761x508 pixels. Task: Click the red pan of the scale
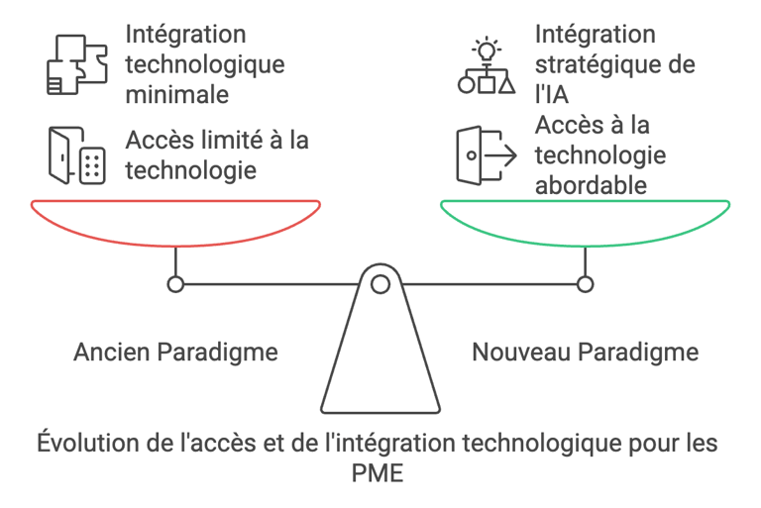tap(175, 220)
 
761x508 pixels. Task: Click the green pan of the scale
tap(585, 220)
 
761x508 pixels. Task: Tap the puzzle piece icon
tap(76, 65)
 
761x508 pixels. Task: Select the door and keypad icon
tap(76, 155)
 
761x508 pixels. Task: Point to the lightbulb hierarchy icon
tap(486, 65)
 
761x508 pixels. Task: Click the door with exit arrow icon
tap(486, 155)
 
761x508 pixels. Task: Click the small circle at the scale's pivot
tap(380, 284)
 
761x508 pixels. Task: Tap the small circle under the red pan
tap(175, 284)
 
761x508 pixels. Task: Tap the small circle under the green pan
tap(585, 284)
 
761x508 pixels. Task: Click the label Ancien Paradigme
tap(175, 352)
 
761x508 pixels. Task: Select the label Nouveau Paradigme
tap(585, 352)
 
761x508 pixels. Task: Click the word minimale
tap(177, 95)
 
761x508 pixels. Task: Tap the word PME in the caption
tap(379, 473)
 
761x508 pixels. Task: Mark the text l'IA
tap(554, 95)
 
